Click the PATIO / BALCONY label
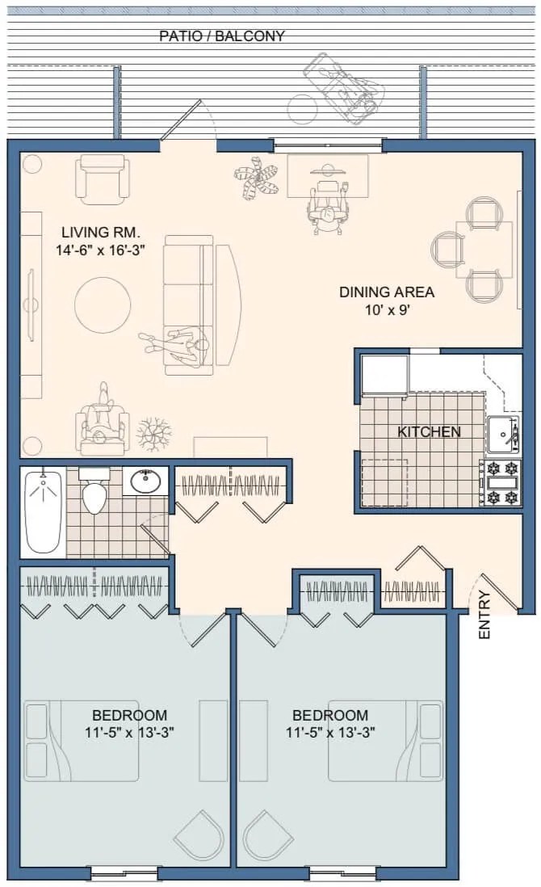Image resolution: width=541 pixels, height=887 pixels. click(221, 36)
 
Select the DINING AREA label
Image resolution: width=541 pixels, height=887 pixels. click(386, 292)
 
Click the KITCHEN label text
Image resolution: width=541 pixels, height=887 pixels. click(429, 432)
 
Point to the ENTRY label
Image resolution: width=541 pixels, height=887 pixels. click(484, 616)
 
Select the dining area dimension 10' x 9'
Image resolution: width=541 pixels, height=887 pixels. click(387, 310)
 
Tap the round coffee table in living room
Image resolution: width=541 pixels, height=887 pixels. click(103, 305)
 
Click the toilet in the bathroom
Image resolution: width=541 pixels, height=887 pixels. click(95, 490)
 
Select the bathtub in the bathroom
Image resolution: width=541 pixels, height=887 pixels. click(43, 511)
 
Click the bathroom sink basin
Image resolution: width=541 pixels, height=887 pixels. click(145, 481)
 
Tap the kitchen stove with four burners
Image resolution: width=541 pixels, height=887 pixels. click(501, 482)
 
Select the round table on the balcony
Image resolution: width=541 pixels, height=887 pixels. click(304, 108)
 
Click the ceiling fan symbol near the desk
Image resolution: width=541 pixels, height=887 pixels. click(257, 179)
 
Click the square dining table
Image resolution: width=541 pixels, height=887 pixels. click(483, 249)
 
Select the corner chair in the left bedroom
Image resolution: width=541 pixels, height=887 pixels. click(199, 836)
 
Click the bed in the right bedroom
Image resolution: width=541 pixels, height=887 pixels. click(386, 741)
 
